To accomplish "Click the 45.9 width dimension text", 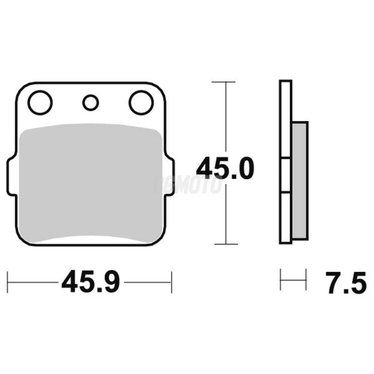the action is pos(91,282).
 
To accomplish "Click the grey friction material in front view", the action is pos(91,182).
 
